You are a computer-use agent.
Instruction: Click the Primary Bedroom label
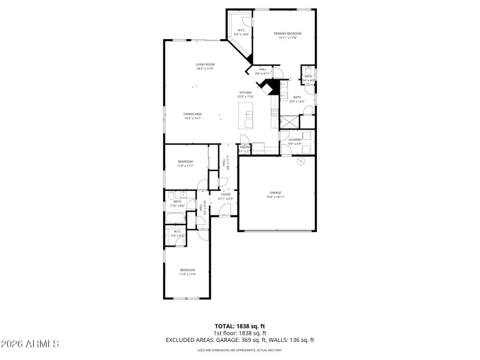[x=287, y=34]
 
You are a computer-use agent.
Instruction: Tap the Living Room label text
[x=205, y=64]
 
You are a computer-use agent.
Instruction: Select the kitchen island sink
[x=248, y=114]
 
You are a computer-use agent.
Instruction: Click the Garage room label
[x=275, y=193]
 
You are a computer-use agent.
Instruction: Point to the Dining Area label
[x=193, y=114]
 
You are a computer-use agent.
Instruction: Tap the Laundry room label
[x=295, y=139]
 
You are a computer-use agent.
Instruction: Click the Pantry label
[x=245, y=146]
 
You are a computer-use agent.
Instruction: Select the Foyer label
[x=226, y=194]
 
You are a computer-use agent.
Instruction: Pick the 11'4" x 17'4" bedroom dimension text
[x=187, y=274]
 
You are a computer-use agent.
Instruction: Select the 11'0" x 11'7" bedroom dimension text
[x=185, y=166]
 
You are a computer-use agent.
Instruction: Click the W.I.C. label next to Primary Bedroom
[x=241, y=30]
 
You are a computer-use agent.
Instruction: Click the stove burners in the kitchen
[x=275, y=112]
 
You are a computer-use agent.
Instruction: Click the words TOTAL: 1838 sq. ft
[x=240, y=326]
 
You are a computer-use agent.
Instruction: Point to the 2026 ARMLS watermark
[x=30, y=344]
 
